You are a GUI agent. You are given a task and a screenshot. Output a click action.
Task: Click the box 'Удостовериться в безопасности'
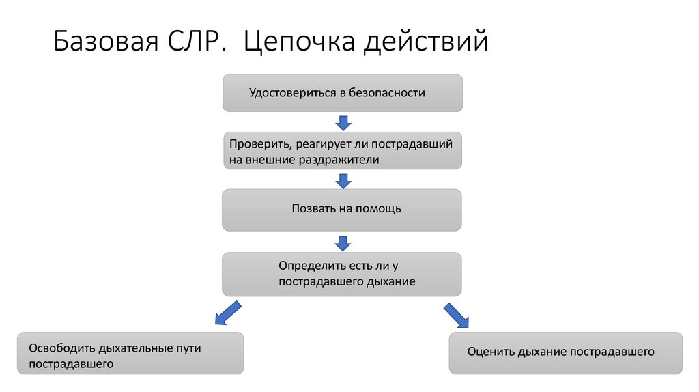(x=343, y=93)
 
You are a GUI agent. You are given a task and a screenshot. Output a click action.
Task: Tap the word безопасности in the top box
(x=387, y=93)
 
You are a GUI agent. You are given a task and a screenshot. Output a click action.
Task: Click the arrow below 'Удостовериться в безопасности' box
(x=343, y=123)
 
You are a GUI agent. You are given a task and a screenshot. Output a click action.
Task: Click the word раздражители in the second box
(x=338, y=160)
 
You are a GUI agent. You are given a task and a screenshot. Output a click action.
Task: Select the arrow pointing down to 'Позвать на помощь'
(x=343, y=181)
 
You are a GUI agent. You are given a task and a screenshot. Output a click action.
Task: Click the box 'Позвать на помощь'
(x=342, y=210)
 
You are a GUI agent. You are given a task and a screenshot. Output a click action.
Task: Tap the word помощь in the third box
(x=378, y=209)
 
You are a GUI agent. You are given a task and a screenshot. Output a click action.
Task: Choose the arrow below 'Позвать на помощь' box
(x=343, y=242)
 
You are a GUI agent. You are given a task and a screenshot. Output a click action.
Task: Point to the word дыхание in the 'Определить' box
(x=391, y=281)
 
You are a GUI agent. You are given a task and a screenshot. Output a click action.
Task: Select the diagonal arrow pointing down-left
(x=227, y=312)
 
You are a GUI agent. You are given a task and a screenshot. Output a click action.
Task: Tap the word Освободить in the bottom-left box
(x=62, y=348)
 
